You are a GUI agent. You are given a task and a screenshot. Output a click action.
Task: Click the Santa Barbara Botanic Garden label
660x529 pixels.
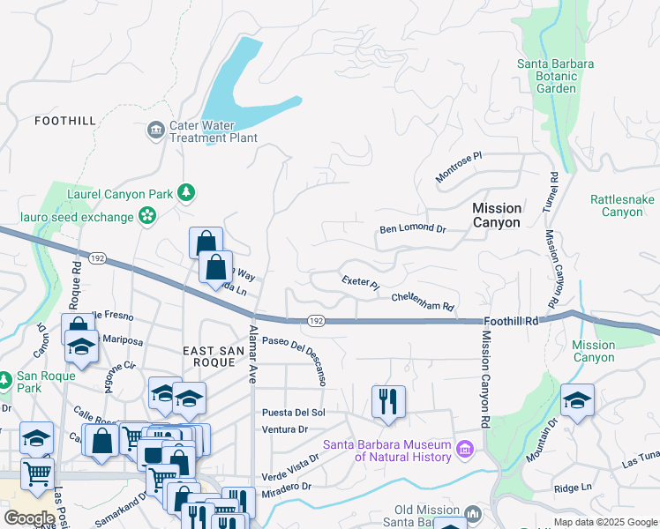click(x=556, y=76)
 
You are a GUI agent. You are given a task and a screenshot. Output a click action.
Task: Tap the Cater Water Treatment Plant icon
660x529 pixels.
click(x=156, y=130)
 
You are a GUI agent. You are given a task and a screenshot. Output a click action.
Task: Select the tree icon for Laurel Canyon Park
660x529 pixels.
click(x=185, y=192)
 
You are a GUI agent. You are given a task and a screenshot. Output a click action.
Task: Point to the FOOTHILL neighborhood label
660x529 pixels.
click(x=64, y=121)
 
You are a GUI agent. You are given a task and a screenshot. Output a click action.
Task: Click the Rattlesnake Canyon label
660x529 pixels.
click(x=622, y=206)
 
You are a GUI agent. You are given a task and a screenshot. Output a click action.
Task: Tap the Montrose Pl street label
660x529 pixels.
click(x=460, y=168)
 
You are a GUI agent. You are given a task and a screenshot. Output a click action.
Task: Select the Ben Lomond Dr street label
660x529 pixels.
click(x=413, y=228)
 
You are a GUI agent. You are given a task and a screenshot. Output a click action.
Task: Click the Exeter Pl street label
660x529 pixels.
click(x=360, y=283)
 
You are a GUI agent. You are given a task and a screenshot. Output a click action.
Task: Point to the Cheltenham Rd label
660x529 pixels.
click(x=423, y=302)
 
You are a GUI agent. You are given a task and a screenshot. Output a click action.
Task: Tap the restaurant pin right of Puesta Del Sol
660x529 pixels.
click(x=388, y=401)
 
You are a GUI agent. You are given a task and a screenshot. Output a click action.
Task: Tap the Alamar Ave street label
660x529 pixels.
click(x=253, y=354)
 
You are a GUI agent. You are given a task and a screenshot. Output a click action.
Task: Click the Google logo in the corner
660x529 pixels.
click(x=29, y=518)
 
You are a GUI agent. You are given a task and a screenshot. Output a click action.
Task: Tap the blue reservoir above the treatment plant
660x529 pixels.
click(x=238, y=84)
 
